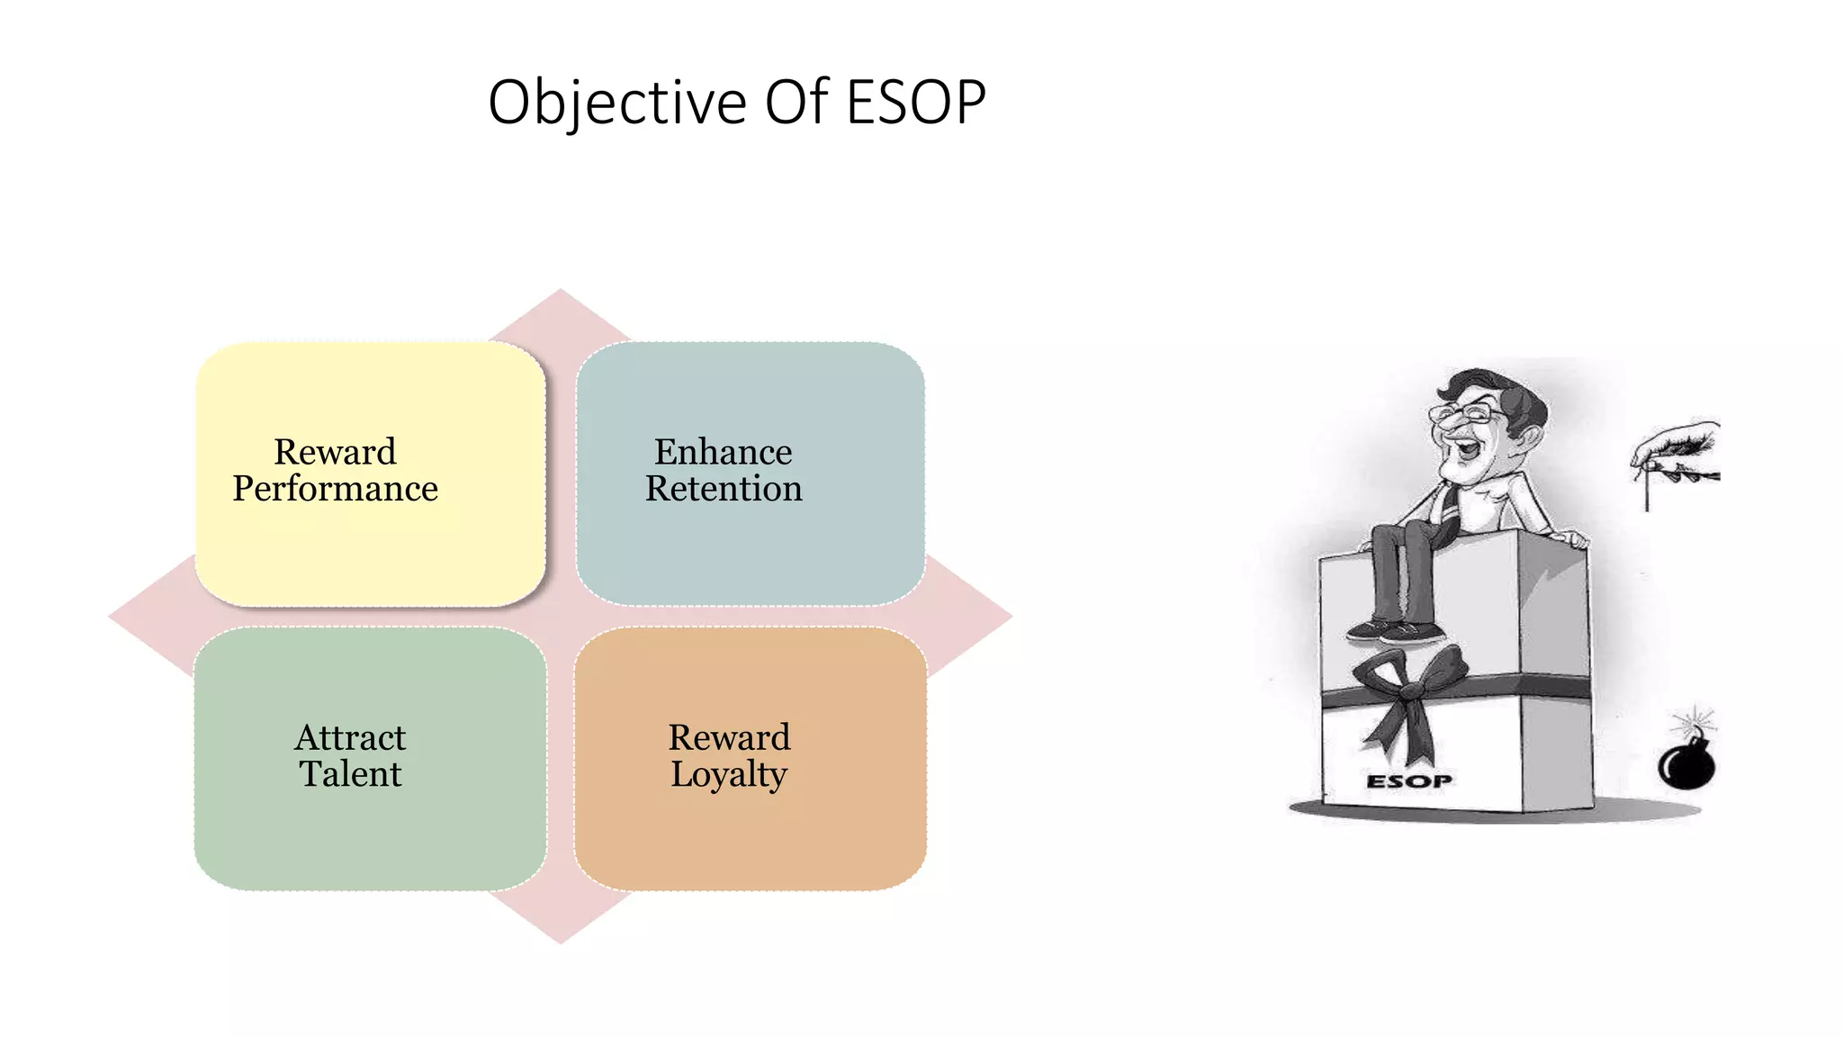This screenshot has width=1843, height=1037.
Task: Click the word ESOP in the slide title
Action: coord(915,102)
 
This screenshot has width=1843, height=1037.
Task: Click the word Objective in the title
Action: coord(616,103)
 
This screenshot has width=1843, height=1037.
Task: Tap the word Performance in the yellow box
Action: coord(335,489)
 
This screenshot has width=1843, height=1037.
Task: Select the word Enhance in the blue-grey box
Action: coord(723,451)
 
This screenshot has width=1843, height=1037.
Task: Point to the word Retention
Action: coord(724,488)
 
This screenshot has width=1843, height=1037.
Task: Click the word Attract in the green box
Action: coord(350,737)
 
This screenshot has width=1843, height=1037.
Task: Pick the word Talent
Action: coord(350,774)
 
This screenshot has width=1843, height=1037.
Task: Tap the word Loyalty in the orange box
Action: coord(728,775)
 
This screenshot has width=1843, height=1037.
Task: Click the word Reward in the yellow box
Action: coord(335,451)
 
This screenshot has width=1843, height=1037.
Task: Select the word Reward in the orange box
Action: coord(729,737)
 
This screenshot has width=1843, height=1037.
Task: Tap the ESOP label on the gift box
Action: coord(1408,781)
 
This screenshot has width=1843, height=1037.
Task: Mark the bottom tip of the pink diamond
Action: coord(561,941)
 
